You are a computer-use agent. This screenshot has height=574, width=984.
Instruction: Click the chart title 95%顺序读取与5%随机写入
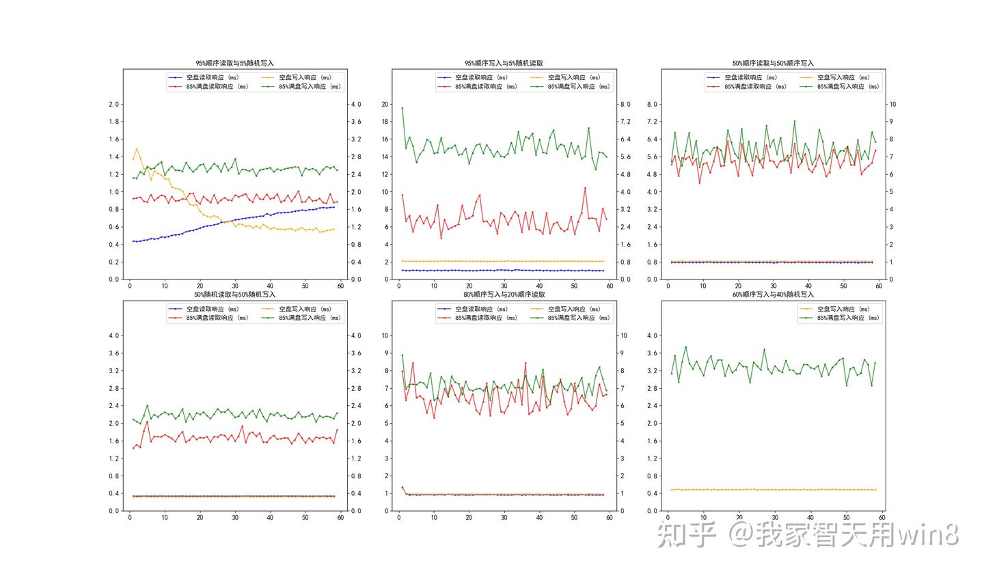coord(234,63)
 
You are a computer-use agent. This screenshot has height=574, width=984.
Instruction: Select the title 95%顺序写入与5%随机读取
coord(504,63)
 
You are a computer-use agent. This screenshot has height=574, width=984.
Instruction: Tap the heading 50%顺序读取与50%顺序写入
coord(773,63)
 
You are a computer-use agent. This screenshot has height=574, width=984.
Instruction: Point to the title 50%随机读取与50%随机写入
coord(234,295)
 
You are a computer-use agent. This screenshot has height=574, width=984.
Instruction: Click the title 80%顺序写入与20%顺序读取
coord(504,295)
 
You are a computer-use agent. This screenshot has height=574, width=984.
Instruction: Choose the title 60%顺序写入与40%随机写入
coord(773,295)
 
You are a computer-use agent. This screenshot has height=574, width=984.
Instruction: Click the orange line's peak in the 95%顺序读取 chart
coord(137,148)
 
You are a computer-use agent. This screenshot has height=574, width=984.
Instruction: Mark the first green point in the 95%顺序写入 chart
coord(402,108)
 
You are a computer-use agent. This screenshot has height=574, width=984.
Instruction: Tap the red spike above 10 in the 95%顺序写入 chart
coord(585,188)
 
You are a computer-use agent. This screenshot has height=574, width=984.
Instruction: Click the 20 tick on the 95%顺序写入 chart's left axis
coord(385,105)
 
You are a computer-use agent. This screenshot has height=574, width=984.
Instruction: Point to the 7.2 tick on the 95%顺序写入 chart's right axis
coord(625,122)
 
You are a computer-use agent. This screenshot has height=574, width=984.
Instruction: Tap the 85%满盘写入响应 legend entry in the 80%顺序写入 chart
coord(578,318)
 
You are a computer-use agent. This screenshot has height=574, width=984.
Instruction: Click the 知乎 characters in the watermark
coord(686,534)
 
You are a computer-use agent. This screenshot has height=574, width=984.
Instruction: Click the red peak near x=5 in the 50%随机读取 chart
coord(147,421)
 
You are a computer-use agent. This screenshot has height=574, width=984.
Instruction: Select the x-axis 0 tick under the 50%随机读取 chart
coord(130,517)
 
